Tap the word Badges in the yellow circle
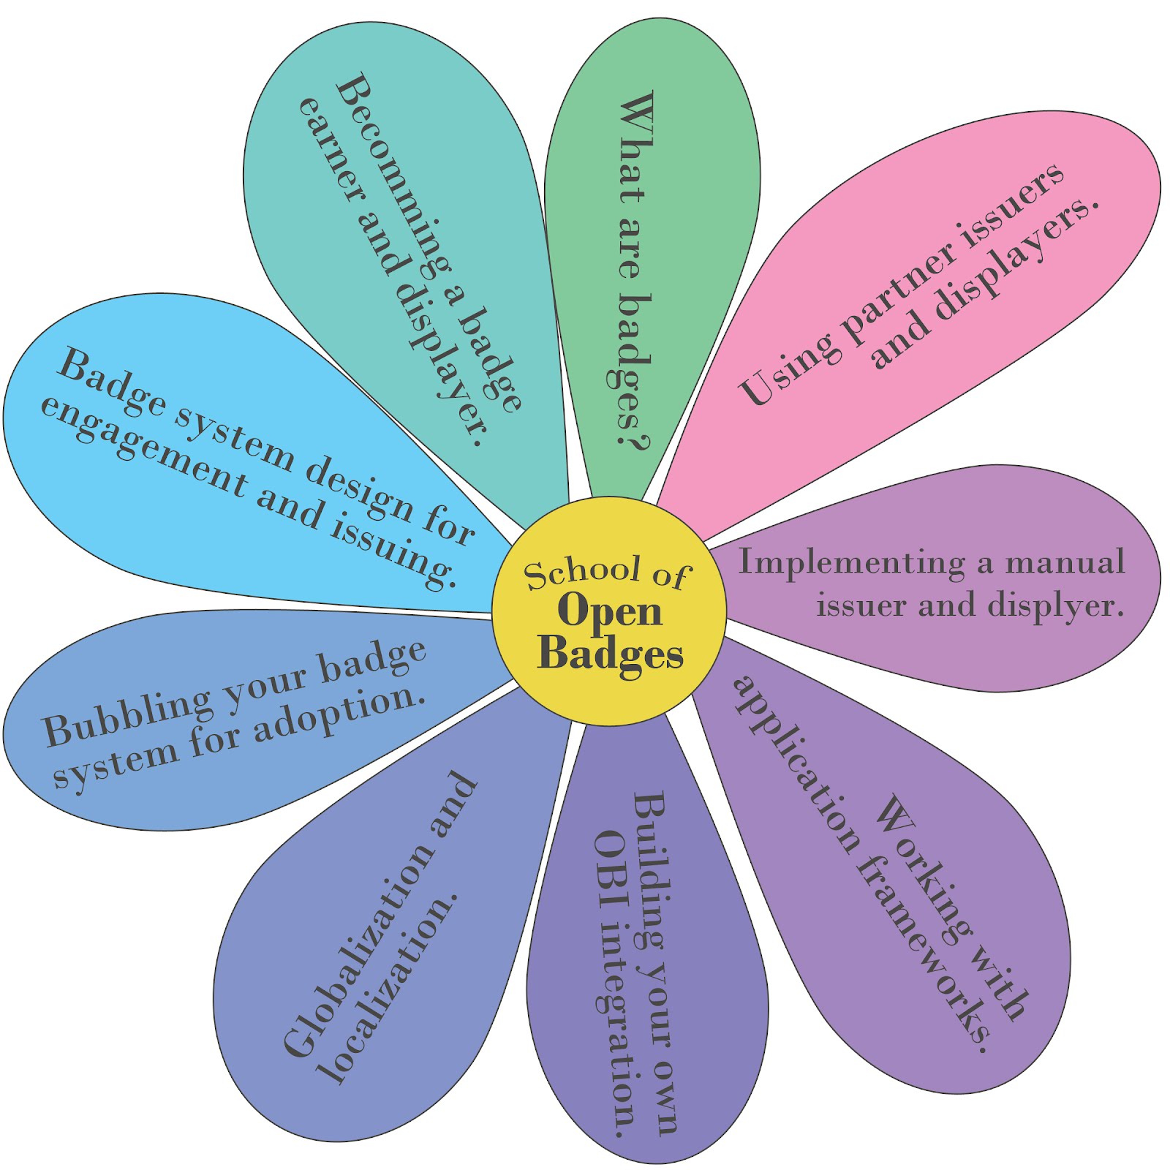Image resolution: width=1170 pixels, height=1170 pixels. (611, 652)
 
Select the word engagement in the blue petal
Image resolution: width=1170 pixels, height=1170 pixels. (143, 446)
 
